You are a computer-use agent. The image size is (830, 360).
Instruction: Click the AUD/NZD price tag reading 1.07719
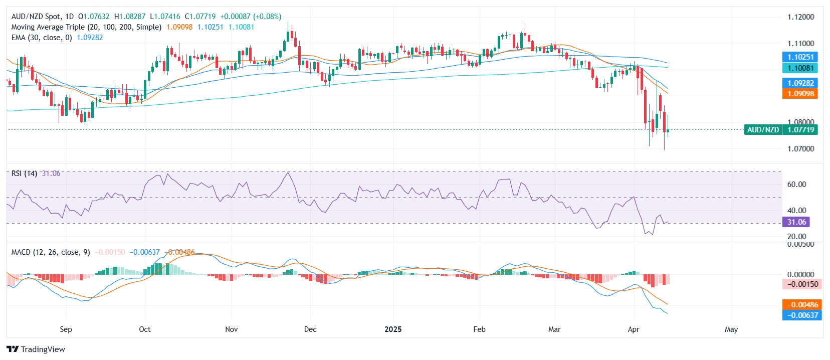(x=800, y=130)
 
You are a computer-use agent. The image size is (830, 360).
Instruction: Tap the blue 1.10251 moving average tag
(x=800, y=57)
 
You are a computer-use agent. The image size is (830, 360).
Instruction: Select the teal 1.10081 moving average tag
(x=800, y=68)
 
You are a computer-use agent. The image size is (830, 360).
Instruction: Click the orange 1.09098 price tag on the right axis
(x=800, y=94)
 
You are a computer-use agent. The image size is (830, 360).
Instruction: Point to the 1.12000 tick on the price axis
(x=800, y=17)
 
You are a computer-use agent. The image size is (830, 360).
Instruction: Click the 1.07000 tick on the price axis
(x=800, y=149)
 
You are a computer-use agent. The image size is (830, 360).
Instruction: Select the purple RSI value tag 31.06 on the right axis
(x=796, y=222)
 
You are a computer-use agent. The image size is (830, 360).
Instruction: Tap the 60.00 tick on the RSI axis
(x=796, y=185)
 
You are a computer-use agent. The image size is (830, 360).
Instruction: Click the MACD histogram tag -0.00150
(x=802, y=284)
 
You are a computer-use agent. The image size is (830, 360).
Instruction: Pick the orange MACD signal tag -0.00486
(x=802, y=305)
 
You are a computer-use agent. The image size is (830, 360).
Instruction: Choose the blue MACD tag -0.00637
(x=802, y=315)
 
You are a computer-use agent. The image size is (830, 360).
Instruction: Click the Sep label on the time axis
(x=66, y=329)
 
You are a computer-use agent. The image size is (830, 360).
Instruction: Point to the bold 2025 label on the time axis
(x=393, y=329)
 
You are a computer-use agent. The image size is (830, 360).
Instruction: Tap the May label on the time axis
(x=731, y=329)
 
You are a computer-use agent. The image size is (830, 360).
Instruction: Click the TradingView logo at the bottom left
(x=36, y=349)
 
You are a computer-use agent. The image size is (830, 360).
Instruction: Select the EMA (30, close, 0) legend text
(x=42, y=38)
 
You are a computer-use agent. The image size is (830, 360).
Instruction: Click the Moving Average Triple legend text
(x=86, y=27)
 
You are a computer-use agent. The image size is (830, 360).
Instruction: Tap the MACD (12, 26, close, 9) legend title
(x=51, y=252)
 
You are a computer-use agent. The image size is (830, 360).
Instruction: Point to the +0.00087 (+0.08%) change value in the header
(x=251, y=17)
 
